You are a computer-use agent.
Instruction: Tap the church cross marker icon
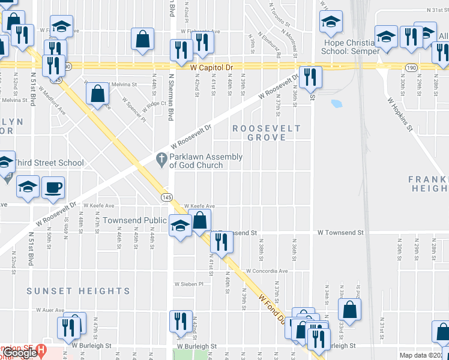pyautogui.click(x=160, y=159)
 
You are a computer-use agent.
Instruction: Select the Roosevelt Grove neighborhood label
pyautogui.click(x=259, y=133)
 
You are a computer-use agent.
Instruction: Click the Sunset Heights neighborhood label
pyautogui.click(x=78, y=291)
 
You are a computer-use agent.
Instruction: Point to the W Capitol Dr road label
pyautogui.click(x=211, y=68)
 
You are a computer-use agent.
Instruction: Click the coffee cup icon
pyautogui.click(x=53, y=187)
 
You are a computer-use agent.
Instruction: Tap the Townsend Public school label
pyautogui.click(x=134, y=220)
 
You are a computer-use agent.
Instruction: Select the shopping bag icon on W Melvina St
pyautogui.click(x=97, y=94)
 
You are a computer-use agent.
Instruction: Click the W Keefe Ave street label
pyautogui.click(x=199, y=206)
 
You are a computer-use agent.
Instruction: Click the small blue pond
pyautogui.click(x=336, y=103)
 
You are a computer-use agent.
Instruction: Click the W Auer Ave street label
pyautogui.click(x=50, y=310)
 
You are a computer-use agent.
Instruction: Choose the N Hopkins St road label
pyautogui.click(x=400, y=113)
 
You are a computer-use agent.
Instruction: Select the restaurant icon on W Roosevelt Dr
pyautogui.click(x=310, y=77)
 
